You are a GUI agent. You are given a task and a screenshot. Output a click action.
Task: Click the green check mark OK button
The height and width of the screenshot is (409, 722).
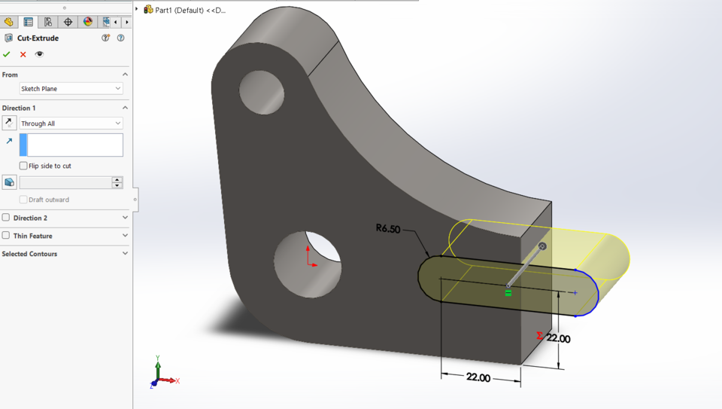7,54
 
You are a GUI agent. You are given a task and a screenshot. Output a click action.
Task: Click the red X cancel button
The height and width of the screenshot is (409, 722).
23,54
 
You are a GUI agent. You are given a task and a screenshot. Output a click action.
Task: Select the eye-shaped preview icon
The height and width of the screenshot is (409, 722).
39,54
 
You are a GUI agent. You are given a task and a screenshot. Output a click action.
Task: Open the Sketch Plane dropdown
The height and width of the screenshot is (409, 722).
71,89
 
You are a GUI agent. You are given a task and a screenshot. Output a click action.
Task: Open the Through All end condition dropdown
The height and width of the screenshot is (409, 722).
71,124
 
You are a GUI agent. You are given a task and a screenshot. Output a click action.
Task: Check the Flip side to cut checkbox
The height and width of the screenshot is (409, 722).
23,166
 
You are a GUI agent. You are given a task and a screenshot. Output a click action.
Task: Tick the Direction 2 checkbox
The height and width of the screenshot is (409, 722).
6,218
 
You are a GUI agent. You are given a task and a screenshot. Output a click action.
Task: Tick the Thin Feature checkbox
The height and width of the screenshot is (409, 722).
6,236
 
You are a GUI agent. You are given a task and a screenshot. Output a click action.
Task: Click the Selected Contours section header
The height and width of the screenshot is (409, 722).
30,254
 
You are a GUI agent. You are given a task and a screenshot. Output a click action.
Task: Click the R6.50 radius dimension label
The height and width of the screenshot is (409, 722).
388,228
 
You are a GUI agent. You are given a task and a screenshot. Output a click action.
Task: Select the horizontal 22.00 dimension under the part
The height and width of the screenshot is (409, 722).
478,377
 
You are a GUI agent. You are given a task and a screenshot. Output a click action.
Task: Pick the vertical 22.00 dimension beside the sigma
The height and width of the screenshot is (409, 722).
558,339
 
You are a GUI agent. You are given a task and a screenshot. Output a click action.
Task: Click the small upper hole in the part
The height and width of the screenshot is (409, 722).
262,92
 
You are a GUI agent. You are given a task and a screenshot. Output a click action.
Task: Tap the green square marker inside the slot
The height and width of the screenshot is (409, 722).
508,293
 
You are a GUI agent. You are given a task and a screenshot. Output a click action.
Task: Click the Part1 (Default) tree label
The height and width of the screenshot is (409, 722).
190,10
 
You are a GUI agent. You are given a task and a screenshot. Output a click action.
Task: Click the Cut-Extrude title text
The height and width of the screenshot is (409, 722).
38,38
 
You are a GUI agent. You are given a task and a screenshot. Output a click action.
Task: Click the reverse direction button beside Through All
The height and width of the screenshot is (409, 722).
9,123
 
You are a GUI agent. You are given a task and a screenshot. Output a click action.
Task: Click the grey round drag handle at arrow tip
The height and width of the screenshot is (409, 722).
542,246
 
